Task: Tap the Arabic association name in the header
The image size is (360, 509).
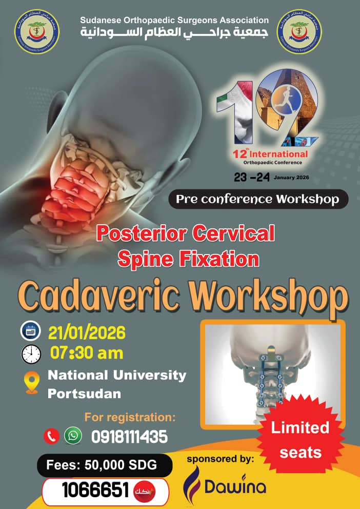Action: click(x=174, y=32)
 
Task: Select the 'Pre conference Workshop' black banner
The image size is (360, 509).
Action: click(x=258, y=199)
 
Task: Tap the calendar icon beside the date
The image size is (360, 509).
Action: click(x=30, y=331)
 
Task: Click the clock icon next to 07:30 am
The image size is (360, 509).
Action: click(x=31, y=354)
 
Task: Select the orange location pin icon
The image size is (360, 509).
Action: click(x=32, y=383)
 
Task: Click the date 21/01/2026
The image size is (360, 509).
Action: click(x=87, y=332)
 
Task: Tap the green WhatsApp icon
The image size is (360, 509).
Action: click(x=73, y=436)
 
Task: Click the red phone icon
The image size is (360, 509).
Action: click(x=51, y=436)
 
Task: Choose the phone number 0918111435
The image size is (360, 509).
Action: click(x=129, y=437)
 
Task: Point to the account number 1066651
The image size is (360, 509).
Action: click(x=95, y=491)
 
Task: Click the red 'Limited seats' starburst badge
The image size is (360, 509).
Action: click(x=300, y=440)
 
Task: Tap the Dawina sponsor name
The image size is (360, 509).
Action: click(x=233, y=486)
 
